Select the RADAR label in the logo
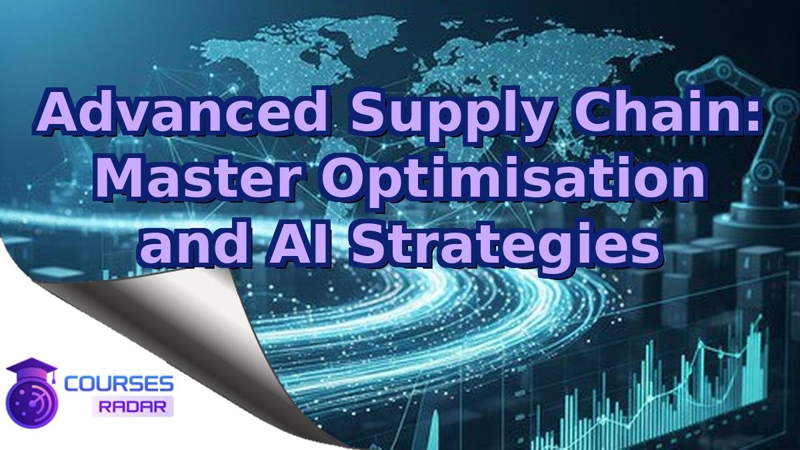coord(133,406)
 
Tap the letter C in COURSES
coord(71,384)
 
